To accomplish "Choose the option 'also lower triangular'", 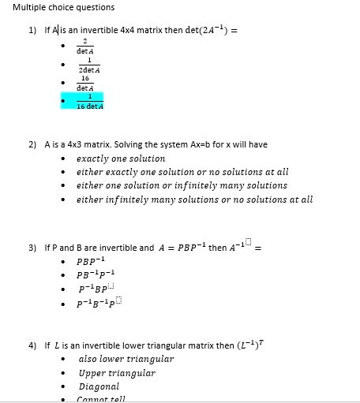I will [126, 359].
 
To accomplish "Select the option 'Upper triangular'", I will [117, 373].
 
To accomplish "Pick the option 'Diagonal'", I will [99, 386].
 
